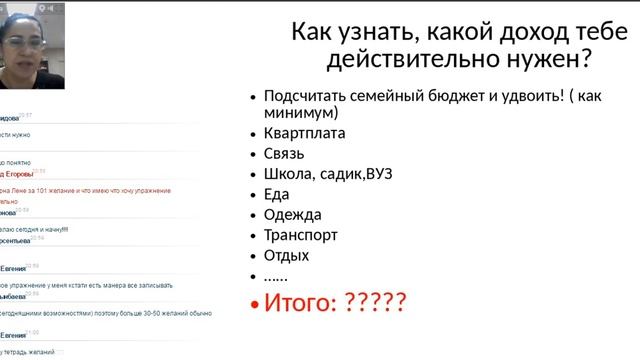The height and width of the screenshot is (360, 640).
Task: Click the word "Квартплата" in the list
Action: pos(305,133)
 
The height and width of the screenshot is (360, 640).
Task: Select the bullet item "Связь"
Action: pos(284,154)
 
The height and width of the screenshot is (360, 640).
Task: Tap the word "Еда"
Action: pos(277,194)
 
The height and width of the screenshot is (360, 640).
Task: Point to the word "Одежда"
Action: pos(293,214)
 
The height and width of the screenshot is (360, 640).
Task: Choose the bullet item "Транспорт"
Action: pos(301,235)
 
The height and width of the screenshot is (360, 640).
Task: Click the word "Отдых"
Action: pos(287,255)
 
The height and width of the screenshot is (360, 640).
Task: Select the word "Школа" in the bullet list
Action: pos(289,174)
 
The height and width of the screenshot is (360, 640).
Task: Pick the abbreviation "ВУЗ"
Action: pos(378,174)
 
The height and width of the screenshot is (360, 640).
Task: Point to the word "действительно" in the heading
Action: pos(413,61)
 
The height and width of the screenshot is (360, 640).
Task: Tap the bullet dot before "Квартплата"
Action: pos(252,134)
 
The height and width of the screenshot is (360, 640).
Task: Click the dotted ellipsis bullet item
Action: pos(275,276)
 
